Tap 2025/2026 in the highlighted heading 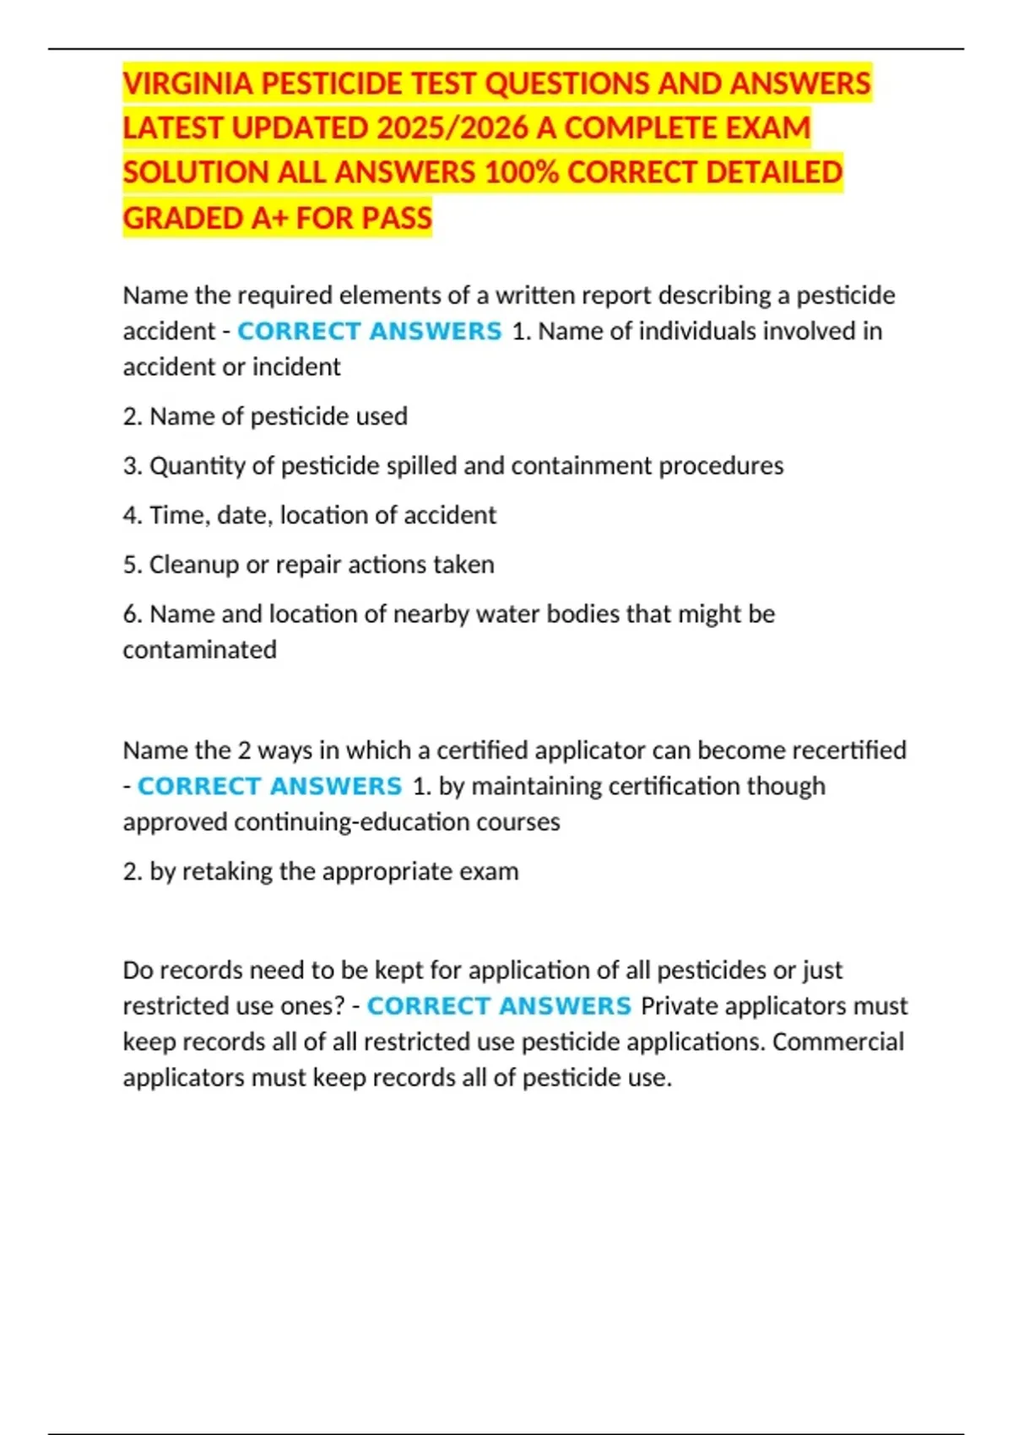pyautogui.click(x=452, y=128)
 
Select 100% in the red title pyautogui.click(x=521, y=173)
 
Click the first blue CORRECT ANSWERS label pyautogui.click(x=369, y=331)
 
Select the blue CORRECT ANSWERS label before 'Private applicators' pyautogui.click(x=499, y=1006)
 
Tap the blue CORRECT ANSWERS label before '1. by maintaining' pyautogui.click(x=269, y=786)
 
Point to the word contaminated pyautogui.click(x=199, y=650)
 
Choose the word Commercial pyautogui.click(x=837, y=1042)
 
